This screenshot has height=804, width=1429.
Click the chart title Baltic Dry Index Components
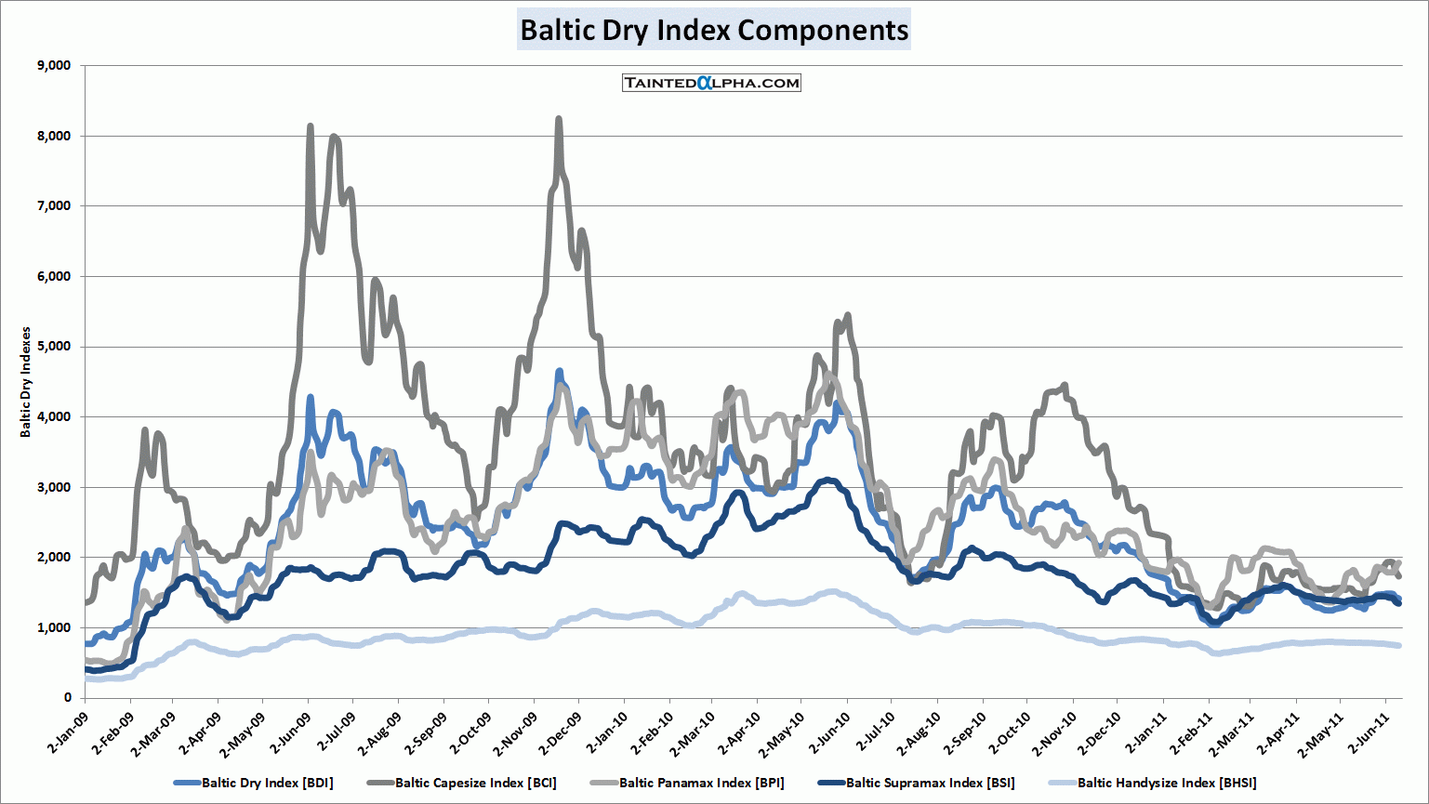[x=713, y=30]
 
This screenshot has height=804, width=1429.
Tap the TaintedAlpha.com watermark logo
[x=711, y=83]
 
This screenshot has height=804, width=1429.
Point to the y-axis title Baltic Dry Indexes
[x=26, y=382]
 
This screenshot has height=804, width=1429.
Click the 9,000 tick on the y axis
[x=53, y=66]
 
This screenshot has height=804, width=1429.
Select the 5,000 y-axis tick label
[x=53, y=347]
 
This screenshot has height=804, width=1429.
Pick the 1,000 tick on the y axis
[x=53, y=627]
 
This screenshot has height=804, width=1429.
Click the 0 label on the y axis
[x=67, y=698]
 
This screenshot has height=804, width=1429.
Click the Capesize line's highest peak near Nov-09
[x=558, y=119]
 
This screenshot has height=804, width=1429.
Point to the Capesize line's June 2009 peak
[x=310, y=126]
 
